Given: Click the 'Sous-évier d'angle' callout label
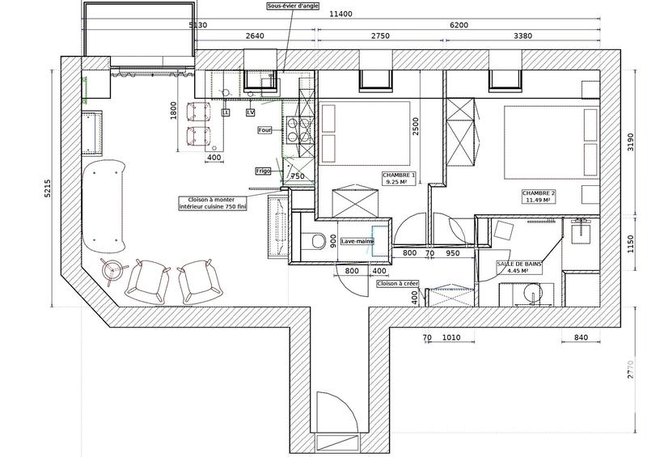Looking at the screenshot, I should pyautogui.click(x=292, y=6).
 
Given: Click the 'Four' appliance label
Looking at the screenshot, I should pyautogui.click(x=264, y=129).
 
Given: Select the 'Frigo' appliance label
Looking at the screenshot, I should pyautogui.click(x=263, y=171).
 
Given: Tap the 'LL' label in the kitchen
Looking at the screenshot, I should pyautogui.click(x=226, y=112).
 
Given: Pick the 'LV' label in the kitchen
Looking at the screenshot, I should pyautogui.click(x=250, y=112).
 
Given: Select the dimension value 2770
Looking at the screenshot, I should pyautogui.click(x=629, y=371).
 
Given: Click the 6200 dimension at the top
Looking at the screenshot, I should pyautogui.click(x=459, y=25).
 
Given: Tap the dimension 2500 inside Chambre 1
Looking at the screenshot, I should pyautogui.click(x=416, y=127).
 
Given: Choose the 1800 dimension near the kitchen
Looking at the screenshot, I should pyautogui.click(x=173, y=112).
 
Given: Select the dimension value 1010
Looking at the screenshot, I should pyautogui.click(x=452, y=337).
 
